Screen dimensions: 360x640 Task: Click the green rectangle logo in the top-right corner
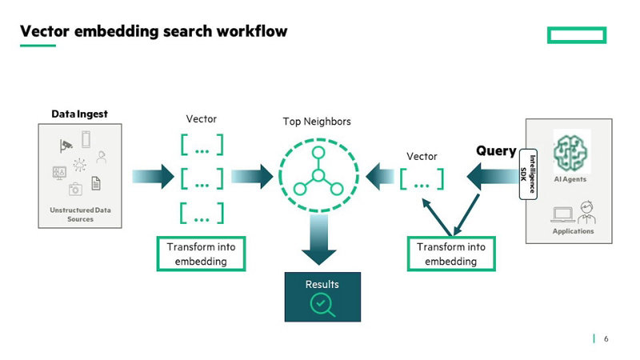[576, 34]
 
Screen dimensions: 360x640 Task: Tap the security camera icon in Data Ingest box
[66, 145]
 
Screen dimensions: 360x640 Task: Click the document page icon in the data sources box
[96, 184]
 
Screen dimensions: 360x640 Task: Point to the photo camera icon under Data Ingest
[75, 189]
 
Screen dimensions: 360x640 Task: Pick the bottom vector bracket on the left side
[202, 214]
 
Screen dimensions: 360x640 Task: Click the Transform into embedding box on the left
[201, 254]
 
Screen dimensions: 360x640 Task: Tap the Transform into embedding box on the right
[451, 254]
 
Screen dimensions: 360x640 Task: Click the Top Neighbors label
[317, 122]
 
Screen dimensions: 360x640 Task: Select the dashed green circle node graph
[318, 175]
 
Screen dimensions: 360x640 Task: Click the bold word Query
[496, 150]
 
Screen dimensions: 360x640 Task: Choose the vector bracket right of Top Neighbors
[422, 179]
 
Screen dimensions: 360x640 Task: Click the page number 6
[606, 339]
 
